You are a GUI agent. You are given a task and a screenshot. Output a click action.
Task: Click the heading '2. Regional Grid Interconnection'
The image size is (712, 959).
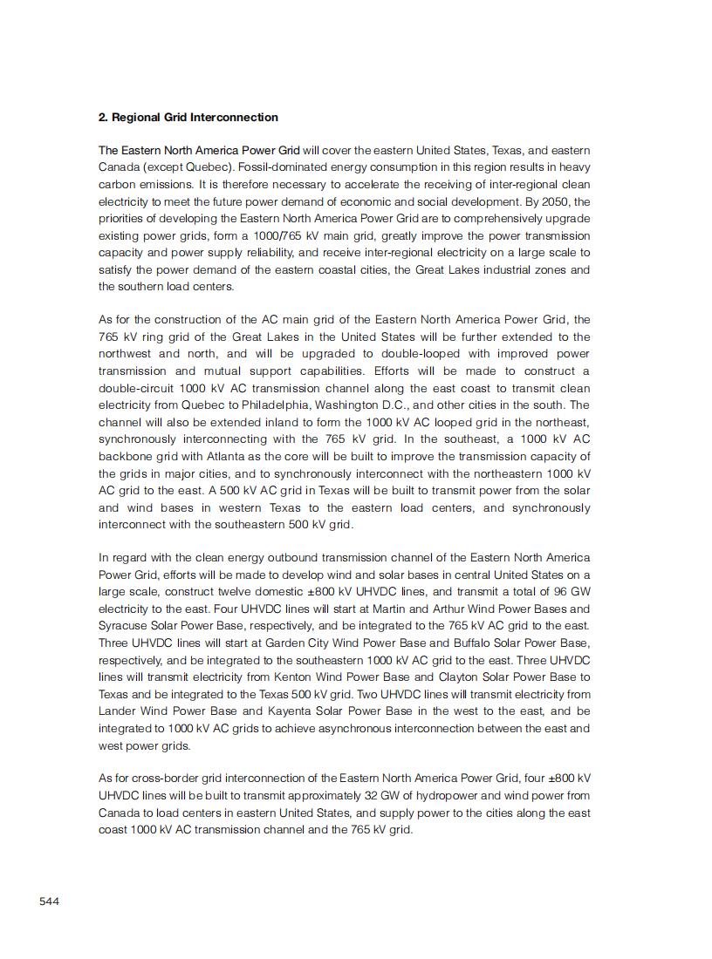coord(188,118)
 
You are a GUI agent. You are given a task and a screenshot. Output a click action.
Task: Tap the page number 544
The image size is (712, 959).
coord(49,901)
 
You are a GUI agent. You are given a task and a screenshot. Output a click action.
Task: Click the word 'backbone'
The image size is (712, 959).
coord(124,457)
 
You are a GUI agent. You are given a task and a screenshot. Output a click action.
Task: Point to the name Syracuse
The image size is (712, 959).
coord(124,626)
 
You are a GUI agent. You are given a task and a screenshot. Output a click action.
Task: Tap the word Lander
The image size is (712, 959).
coord(118,711)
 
